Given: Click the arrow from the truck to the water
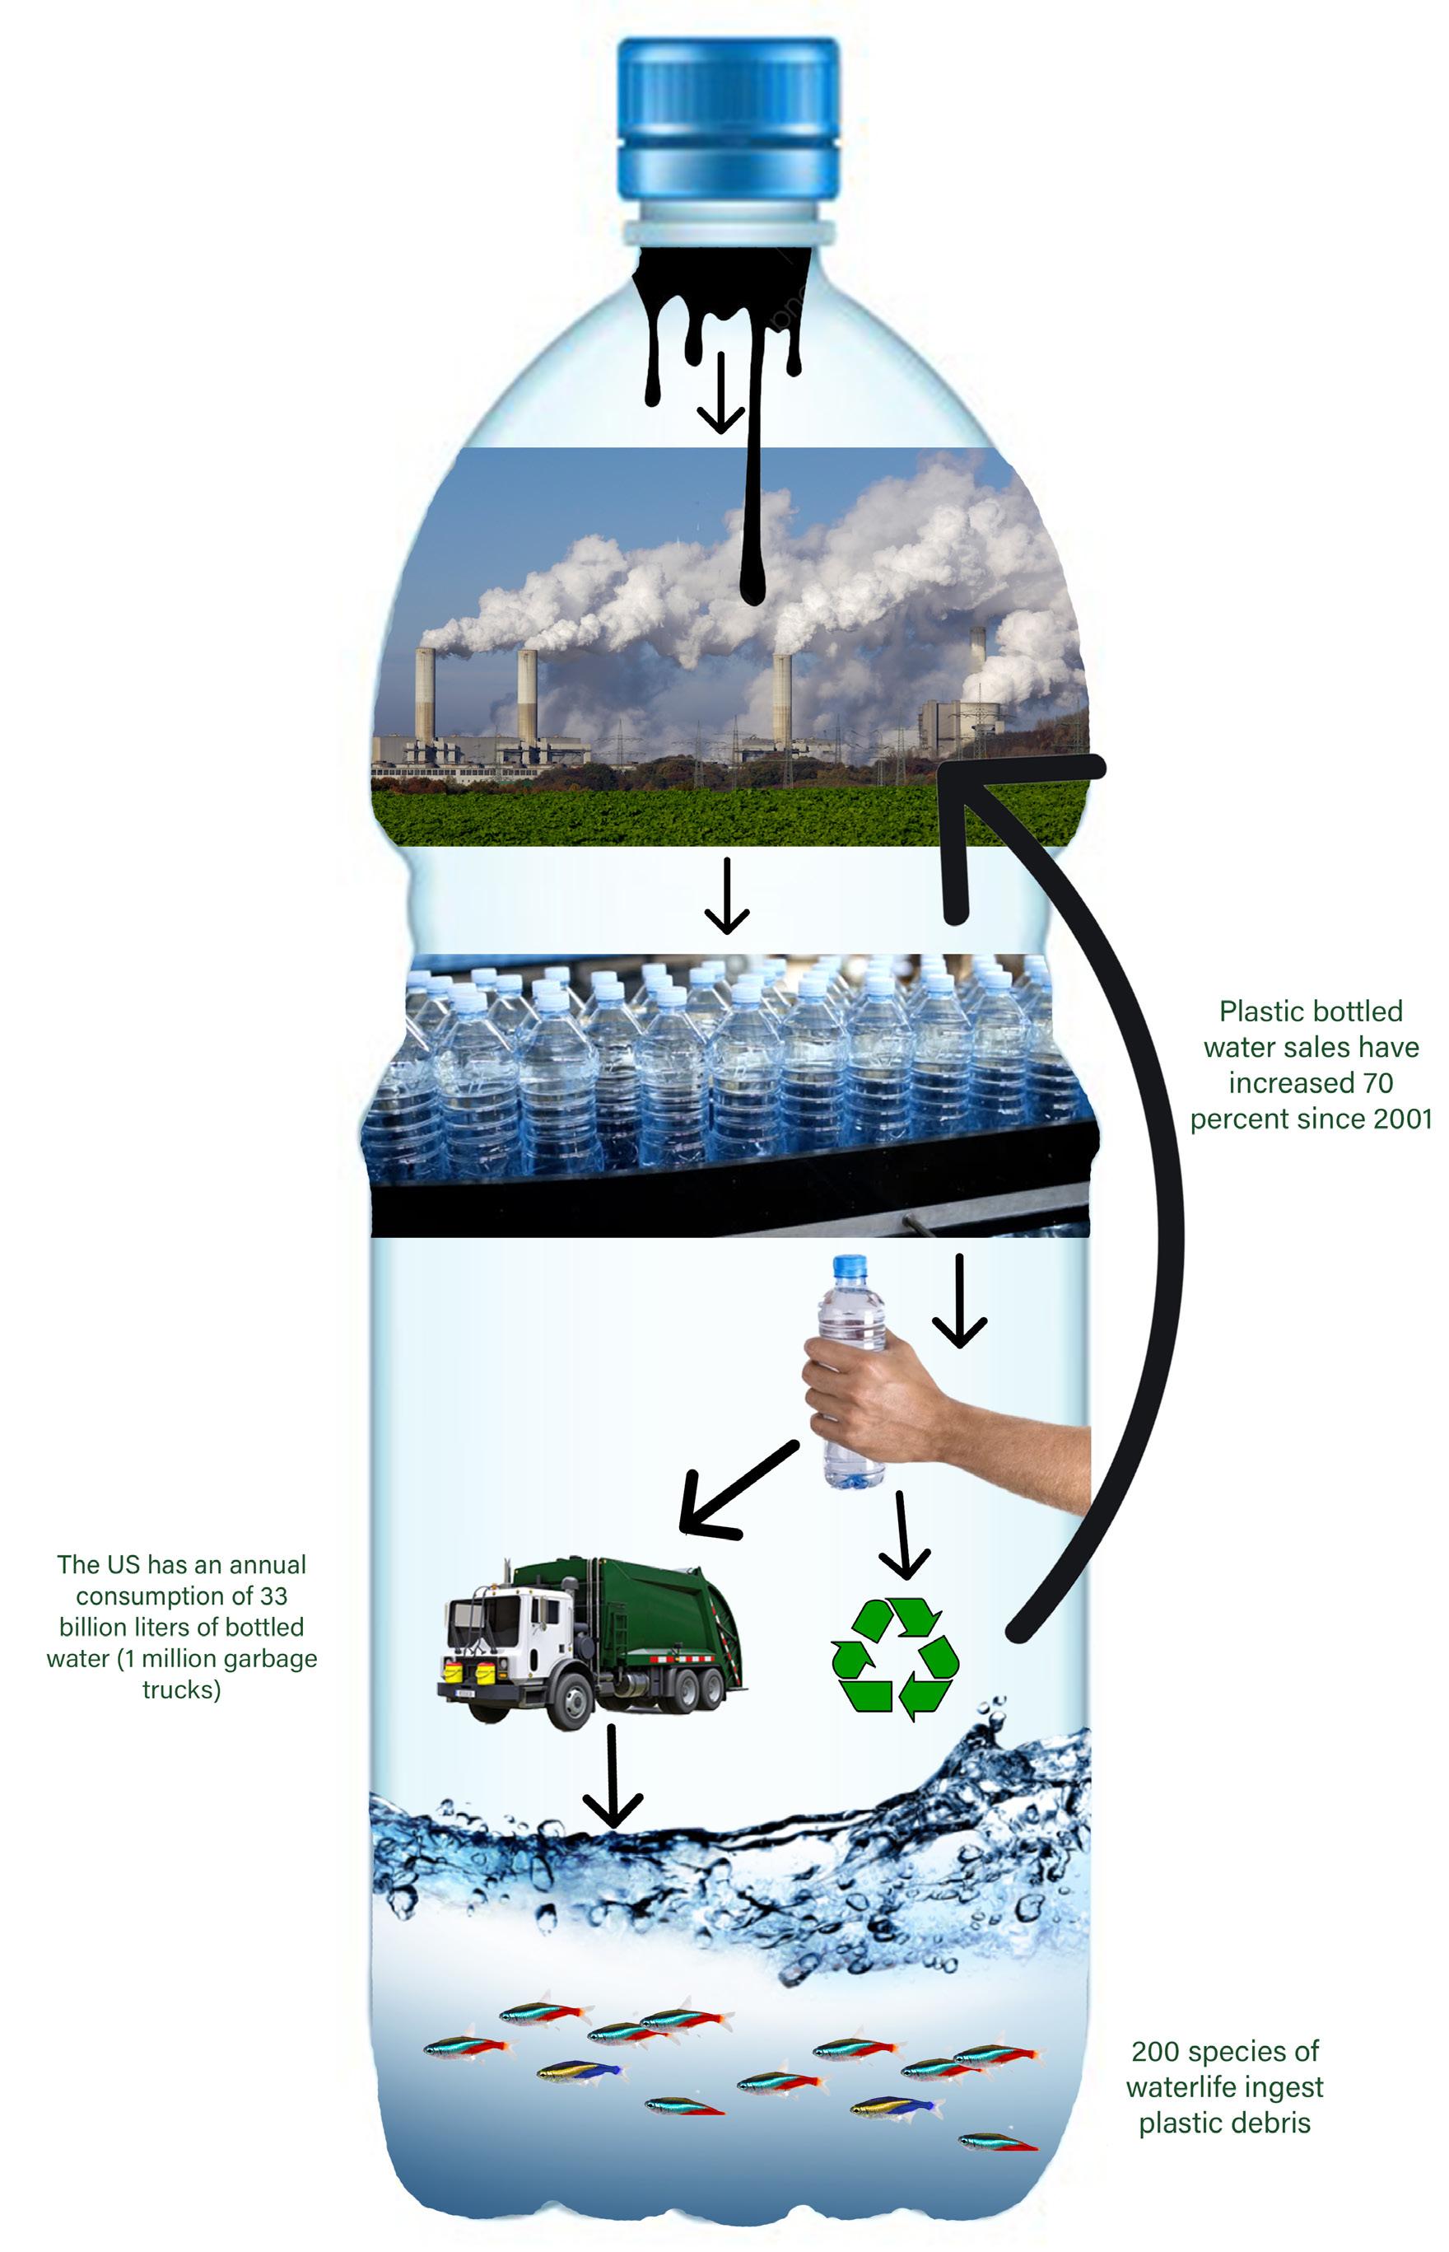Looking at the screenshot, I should click(x=613, y=1774).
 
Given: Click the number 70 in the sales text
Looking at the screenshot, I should click(x=1377, y=1083).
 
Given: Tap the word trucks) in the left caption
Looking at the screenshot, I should click(x=182, y=1689).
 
